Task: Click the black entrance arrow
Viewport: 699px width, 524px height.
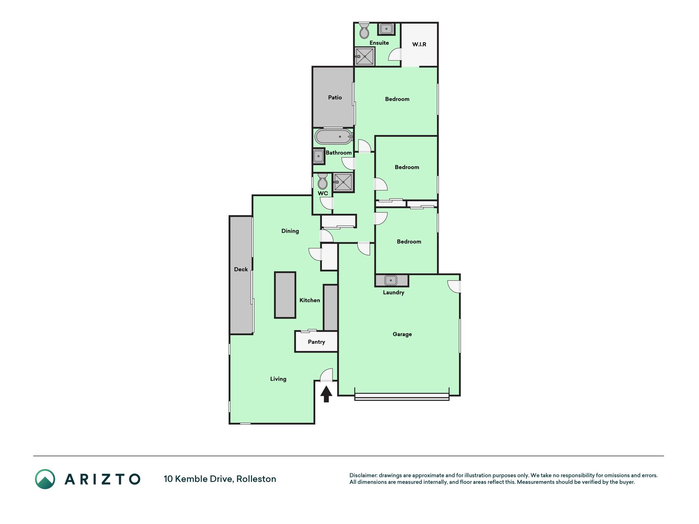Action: coord(326,394)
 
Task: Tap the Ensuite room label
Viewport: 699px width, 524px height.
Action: coord(379,43)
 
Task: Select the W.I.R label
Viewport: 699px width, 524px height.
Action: coord(419,44)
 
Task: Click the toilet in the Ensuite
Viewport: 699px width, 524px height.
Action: coord(364,31)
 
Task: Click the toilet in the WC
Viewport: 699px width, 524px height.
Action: coord(323,181)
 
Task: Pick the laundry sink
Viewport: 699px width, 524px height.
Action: coord(391,280)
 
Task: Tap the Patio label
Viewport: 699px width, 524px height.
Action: coord(335,97)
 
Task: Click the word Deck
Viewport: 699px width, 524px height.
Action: coord(241,269)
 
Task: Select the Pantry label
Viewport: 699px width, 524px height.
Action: coord(317,342)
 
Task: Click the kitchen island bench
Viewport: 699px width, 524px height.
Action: coord(285,295)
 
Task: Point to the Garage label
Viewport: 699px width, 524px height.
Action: coord(402,334)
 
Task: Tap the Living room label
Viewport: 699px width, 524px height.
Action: coord(278,379)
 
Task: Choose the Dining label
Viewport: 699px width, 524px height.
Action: coord(290,231)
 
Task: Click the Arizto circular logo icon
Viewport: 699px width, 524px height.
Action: coord(45,479)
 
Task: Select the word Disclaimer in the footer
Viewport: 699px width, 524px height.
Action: coord(363,475)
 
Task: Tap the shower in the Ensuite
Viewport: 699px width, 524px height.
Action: coord(364,56)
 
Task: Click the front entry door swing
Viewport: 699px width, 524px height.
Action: coord(326,375)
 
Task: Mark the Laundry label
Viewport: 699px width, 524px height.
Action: coord(394,292)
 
